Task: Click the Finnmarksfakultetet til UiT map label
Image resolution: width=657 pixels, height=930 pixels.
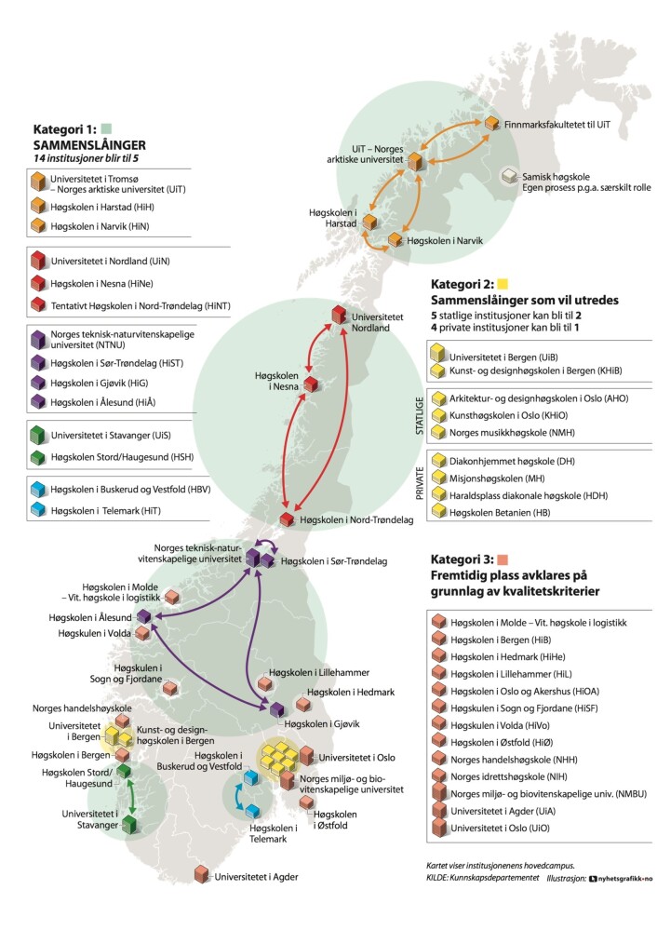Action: [556, 125]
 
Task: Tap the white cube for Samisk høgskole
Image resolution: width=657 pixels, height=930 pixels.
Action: [509, 176]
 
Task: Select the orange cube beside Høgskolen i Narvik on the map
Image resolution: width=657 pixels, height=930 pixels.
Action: [395, 239]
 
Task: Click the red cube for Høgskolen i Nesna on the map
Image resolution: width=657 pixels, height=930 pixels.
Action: [311, 384]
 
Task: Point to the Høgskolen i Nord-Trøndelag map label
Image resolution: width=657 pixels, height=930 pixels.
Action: [356, 519]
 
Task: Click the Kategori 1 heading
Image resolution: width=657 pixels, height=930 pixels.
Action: [64, 129]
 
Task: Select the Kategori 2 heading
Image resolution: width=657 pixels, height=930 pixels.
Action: [462, 284]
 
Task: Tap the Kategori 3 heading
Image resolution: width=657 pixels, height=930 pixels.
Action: [462, 559]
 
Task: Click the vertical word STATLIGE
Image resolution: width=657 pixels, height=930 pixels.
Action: [419, 416]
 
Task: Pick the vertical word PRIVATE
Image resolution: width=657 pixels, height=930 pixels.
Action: [419, 483]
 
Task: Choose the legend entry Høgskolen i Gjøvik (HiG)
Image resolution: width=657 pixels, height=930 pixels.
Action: [99, 384]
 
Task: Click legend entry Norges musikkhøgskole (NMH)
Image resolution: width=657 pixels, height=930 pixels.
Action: [512, 432]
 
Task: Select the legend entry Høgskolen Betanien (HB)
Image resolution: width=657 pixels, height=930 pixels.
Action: [500, 512]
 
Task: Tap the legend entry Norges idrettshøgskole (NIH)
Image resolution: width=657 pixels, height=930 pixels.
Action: [508, 776]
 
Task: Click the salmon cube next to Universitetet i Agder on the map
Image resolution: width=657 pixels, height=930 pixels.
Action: [202, 875]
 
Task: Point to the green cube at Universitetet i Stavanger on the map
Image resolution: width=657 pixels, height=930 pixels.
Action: [129, 825]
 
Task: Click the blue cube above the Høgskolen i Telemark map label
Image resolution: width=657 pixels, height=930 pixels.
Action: [253, 811]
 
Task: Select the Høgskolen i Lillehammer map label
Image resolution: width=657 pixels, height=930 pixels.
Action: [319, 672]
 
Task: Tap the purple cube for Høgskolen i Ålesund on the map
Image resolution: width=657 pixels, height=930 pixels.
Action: [144, 616]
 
